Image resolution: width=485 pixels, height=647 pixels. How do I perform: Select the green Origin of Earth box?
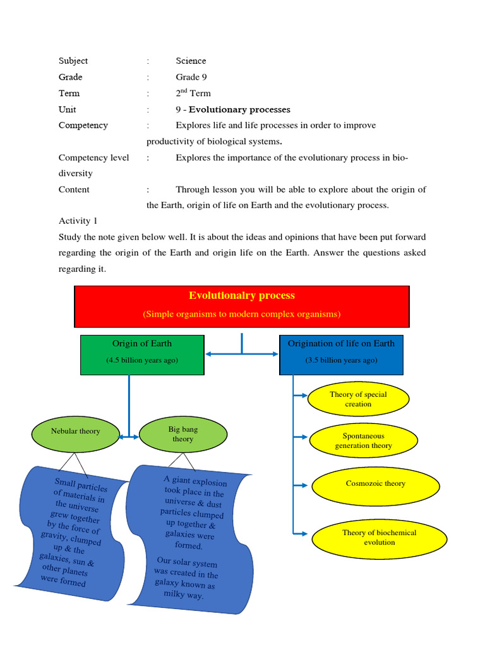[x=142, y=354]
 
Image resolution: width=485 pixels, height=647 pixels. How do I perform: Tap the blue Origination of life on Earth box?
[x=341, y=354]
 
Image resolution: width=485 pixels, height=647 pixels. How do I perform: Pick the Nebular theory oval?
[x=75, y=432]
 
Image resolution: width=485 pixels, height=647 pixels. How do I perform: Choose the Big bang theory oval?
[x=183, y=434]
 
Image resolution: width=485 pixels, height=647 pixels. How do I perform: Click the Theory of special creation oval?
[x=358, y=399]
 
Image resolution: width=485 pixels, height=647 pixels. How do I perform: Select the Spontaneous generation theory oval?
[x=363, y=440]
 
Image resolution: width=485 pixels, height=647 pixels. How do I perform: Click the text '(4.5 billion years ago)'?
[x=142, y=360]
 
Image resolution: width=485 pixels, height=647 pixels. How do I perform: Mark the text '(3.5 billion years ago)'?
[x=341, y=360]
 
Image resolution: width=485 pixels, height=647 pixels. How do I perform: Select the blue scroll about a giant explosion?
[x=189, y=537]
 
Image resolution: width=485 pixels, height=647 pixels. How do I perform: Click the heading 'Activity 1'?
[x=78, y=221]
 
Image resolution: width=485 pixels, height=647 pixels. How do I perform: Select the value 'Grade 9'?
[x=191, y=77]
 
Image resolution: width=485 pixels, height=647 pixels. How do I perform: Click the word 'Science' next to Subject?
[x=191, y=61]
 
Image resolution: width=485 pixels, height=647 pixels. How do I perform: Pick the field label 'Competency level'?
[x=93, y=157]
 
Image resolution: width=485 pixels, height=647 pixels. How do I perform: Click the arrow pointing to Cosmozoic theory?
[x=302, y=485]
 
